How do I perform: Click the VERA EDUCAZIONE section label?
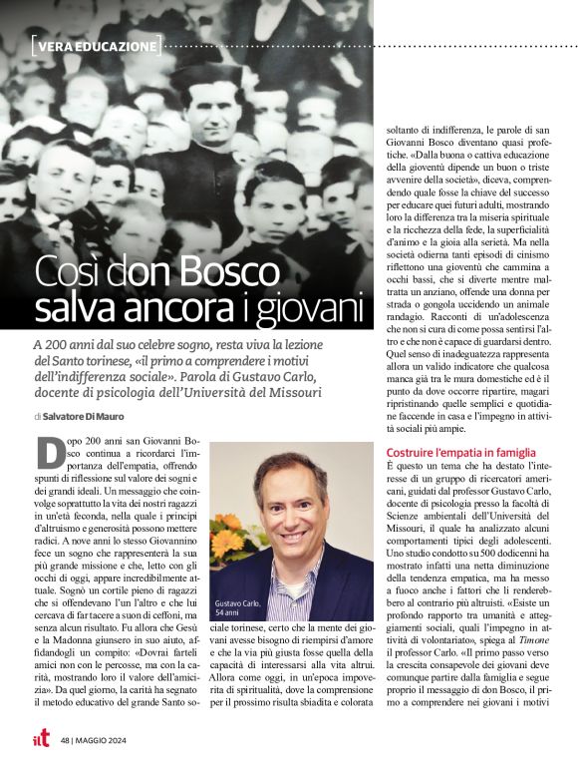pos(96,47)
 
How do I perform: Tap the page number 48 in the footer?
pos(65,740)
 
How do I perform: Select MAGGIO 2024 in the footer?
pos(110,740)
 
